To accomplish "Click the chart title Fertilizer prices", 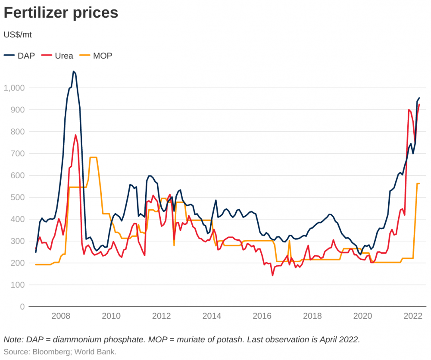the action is click(x=61, y=12).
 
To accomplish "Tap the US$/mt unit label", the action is click(x=18, y=35).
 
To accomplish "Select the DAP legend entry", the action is click(x=19, y=56).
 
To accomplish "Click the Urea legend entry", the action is click(x=57, y=56).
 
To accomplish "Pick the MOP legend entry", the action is click(x=96, y=56).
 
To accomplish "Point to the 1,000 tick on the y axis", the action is click(x=14, y=88).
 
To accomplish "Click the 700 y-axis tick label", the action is click(x=18, y=153).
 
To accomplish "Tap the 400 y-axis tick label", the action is click(x=18, y=219).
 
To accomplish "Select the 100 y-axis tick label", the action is click(x=18, y=285).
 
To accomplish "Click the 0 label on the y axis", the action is click(x=22, y=307).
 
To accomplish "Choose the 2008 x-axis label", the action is click(x=61, y=316).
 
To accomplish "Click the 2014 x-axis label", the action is click(x=212, y=316).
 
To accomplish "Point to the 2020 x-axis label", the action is click(x=362, y=316).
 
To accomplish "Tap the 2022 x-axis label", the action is click(x=413, y=316).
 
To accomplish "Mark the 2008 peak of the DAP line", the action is click(x=73, y=71).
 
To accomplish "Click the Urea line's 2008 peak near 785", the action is click(x=75, y=135).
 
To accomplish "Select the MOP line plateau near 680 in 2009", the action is click(x=94, y=157).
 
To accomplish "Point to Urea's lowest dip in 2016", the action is click(x=272, y=276).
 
